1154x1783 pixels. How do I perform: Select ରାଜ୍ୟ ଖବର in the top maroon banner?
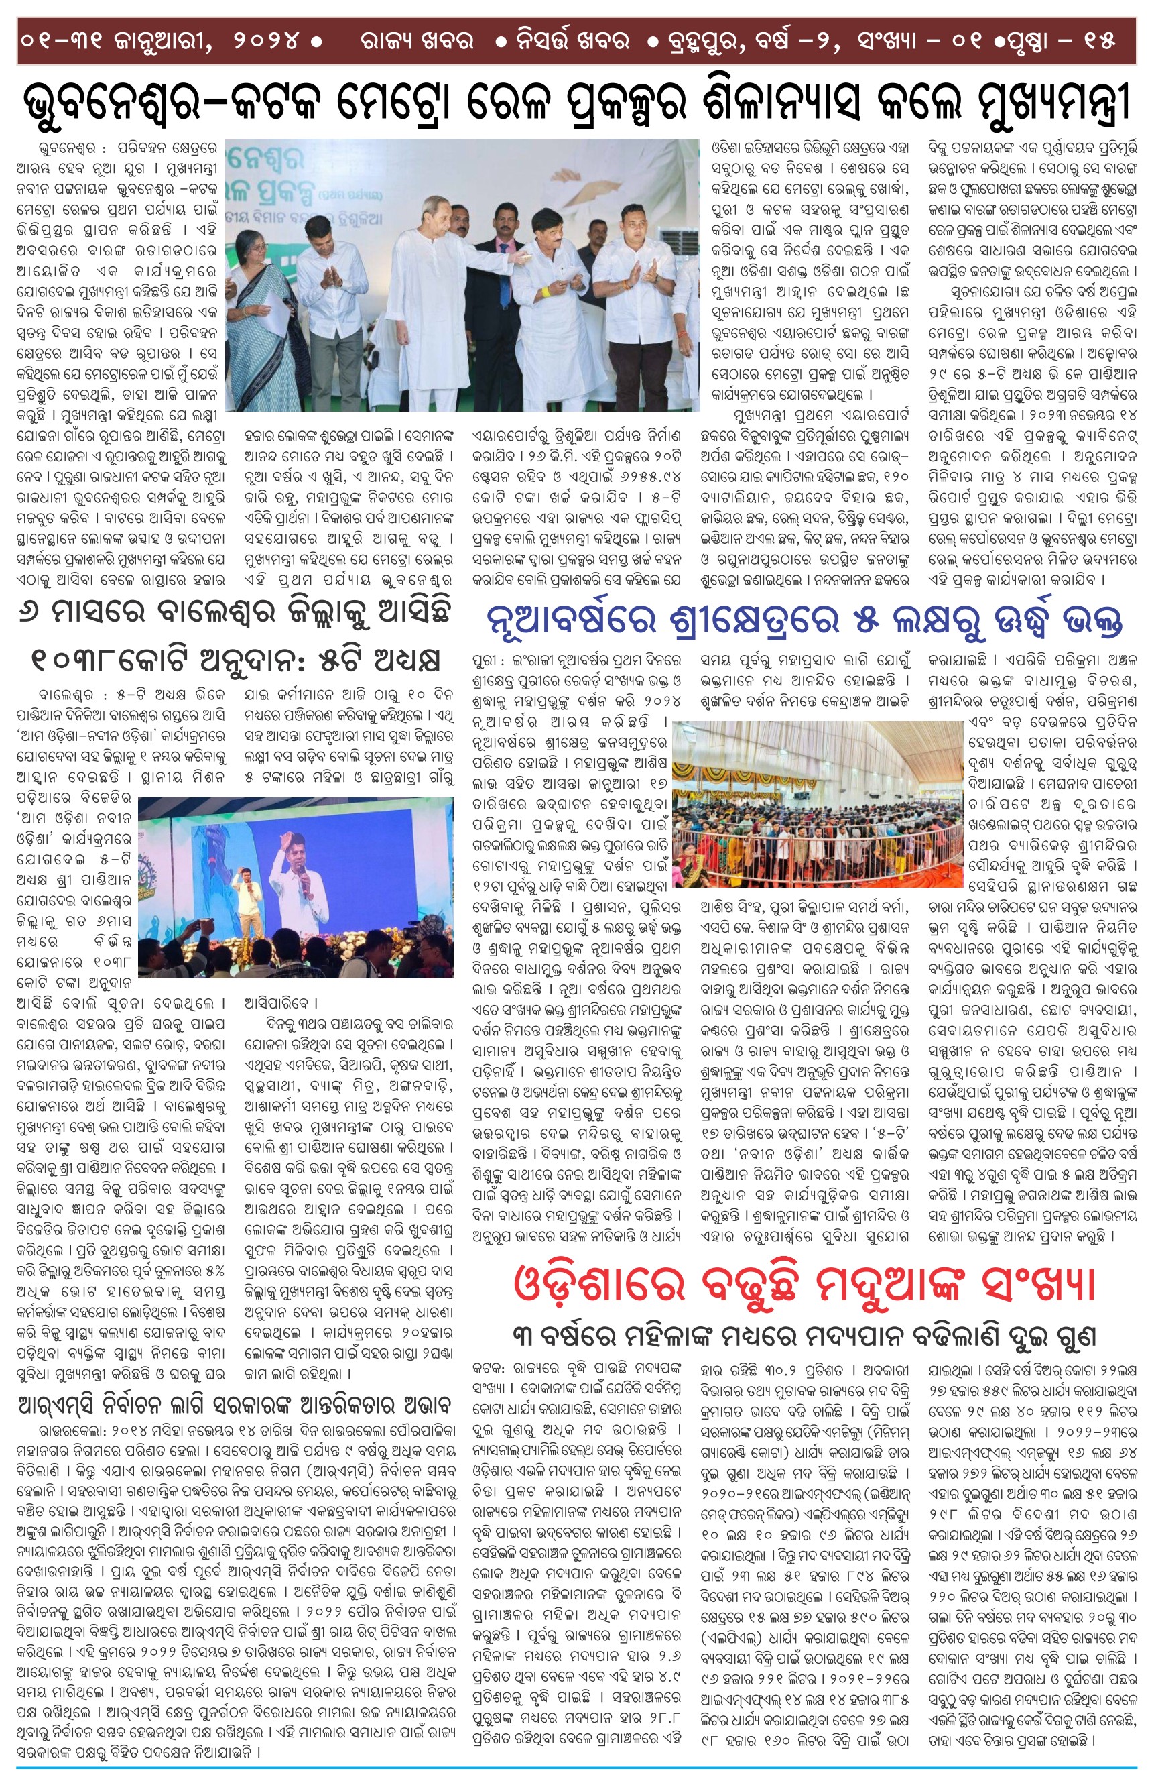coord(416,40)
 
